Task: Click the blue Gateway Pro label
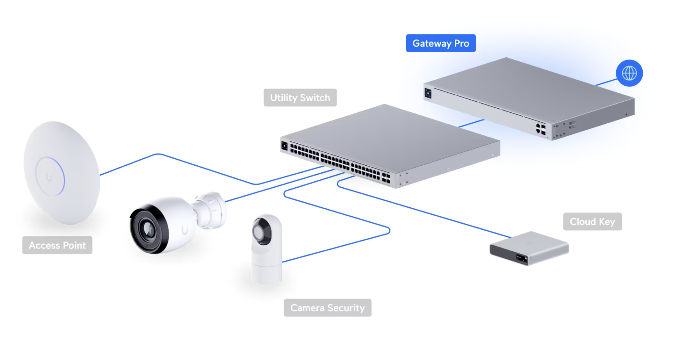(441, 43)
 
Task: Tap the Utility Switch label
(300, 97)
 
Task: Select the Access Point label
(57, 245)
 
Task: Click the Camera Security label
(328, 307)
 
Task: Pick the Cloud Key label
(592, 221)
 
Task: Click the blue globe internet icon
(629, 73)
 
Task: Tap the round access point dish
(61, 173)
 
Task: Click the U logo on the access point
(49, 177)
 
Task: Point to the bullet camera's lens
(148, 229)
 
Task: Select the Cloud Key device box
(529, 248)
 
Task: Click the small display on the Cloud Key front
(522, 259)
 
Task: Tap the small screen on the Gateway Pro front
(428, 93)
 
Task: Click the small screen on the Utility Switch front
(285, 146)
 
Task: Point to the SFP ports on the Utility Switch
(386, 178)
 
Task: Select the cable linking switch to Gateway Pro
(471, 123)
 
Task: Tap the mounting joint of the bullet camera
(211, 210)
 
